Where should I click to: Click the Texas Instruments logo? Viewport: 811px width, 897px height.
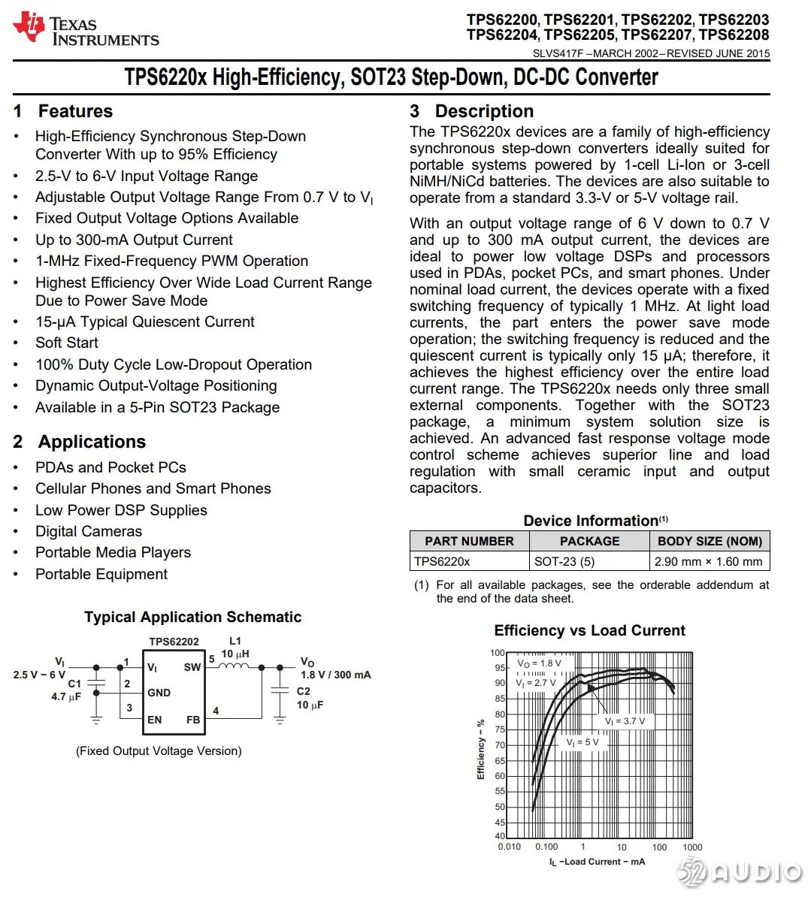tap(86, 30)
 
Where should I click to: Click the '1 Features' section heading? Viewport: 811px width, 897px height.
tap(63, 111)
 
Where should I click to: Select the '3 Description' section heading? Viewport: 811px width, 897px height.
tap(471, 111)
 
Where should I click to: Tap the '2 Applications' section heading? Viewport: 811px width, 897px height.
tap(80, 442)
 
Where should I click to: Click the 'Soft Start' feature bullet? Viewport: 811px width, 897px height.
tap(67, 343)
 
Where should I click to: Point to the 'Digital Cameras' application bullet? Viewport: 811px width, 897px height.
tap(89, 531)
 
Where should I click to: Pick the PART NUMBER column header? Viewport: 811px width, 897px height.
tap(469, 541)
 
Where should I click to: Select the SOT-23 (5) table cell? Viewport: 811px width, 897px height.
tap(564, 561)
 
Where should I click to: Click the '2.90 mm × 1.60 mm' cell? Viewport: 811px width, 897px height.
tap(708, 561)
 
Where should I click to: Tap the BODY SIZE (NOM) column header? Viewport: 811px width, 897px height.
tap(710, 541)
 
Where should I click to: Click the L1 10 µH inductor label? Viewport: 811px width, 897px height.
tap(235, 648)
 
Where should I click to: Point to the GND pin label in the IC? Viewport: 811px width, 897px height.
tap(159, 693)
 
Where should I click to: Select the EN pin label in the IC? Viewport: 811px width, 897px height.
tap(154, 720)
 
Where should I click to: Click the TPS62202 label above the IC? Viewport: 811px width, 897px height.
tap(174, 642)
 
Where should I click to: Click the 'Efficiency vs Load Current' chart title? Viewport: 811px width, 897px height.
tap(589, 631)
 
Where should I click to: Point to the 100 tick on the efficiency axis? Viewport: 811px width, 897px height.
tap(498, 653)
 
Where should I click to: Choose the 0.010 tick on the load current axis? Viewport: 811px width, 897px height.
tap(509, 847)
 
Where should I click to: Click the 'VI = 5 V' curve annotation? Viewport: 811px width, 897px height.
tap(583, 742)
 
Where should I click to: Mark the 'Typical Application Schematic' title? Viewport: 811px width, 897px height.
tap(192, 618)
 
